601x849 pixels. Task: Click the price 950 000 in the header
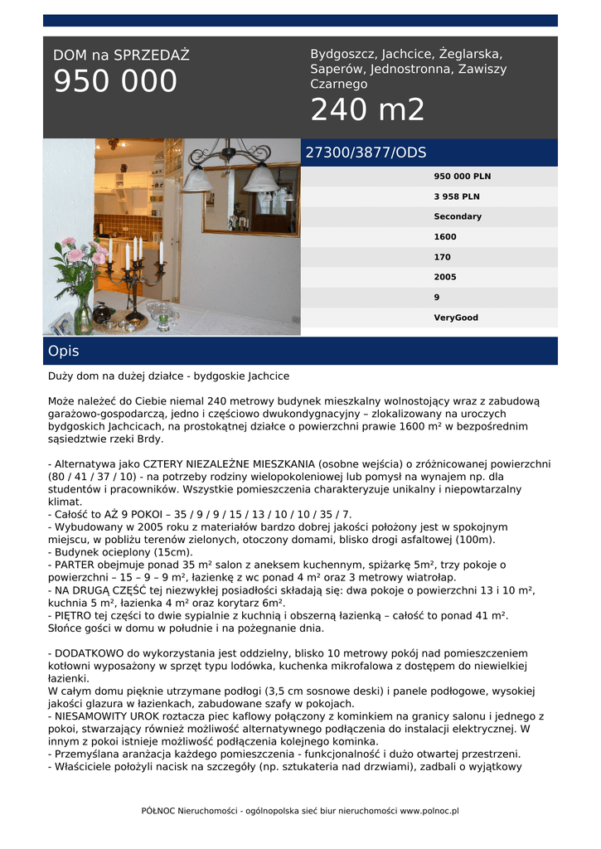115,82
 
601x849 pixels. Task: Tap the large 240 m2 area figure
367,109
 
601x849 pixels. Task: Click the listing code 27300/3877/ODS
366,153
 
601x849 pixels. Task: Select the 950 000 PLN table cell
462,177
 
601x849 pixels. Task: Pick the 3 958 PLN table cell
457,196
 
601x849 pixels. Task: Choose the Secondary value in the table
458,216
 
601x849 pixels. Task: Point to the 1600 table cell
445,237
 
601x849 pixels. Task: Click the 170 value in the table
443,257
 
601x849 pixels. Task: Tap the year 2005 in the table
445,277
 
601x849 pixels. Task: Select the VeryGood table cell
456,318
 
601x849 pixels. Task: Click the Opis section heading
64,351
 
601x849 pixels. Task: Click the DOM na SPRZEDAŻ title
121,56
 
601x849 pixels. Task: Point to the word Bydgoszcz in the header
342,54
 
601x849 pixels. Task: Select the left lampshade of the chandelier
197,177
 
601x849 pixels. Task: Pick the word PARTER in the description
74,565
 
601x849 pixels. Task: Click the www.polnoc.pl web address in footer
429,811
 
